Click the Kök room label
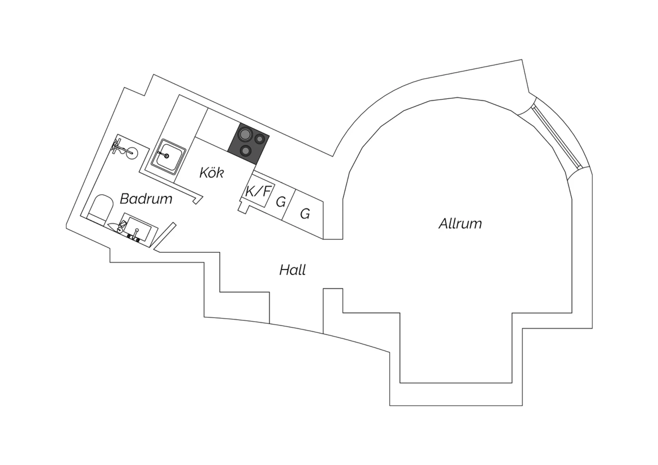211,172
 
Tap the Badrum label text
146,199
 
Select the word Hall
293,270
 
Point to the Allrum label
460,224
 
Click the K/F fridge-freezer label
257,191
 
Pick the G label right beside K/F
281,202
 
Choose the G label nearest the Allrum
305,214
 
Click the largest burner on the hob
245,135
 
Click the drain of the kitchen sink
167,156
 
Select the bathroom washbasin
139,228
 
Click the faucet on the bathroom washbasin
136,234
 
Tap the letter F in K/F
266,191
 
